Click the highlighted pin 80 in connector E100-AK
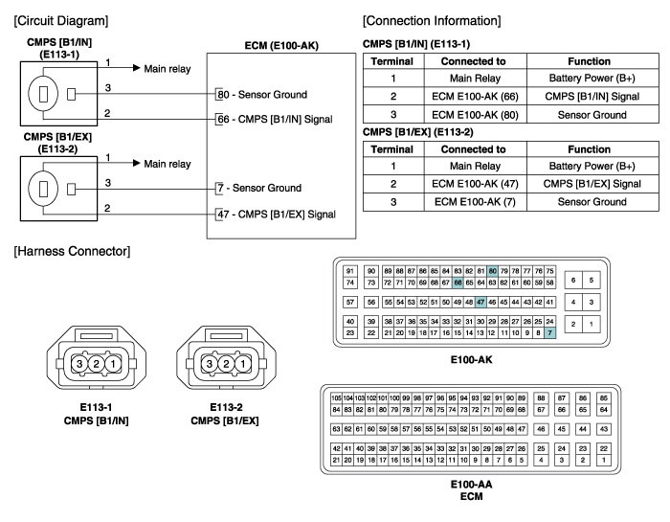click(492, 271)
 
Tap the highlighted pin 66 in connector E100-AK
click(458, 283)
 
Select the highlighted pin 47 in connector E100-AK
click(480, 302)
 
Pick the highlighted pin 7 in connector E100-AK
click(550, 332)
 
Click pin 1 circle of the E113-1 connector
click(113, 364)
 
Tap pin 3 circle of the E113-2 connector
click(210, 364)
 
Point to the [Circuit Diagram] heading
click(61, 20)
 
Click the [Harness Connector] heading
click(72, 251)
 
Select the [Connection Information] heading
click(432, 20)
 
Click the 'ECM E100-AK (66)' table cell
click(475, 97)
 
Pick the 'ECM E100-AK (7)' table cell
click(475, 202)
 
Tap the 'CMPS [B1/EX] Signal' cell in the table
click(592, 184)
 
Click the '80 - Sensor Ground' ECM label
click(262, 95)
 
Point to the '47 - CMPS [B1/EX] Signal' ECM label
click(277, 215)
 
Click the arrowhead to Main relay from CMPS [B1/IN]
click(137, 68)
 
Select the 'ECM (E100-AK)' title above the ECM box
click(281, 45)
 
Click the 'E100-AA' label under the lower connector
click(471, 485)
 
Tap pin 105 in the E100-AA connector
click(336, 398)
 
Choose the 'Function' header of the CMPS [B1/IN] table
click(590, 61)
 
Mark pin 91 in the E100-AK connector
click(350, 271)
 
